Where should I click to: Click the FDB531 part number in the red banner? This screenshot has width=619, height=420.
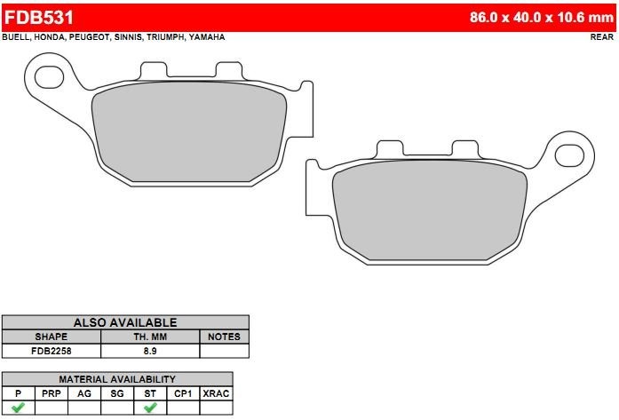click(39, 18)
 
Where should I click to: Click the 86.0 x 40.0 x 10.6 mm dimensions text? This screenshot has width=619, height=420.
click(541, 18)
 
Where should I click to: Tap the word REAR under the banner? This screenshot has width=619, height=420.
click(601, 36)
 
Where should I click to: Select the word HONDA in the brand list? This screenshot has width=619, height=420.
click(50, 37)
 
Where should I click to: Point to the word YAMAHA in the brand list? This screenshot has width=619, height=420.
click(207, 37)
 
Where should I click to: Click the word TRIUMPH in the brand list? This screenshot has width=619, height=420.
click(165, 37)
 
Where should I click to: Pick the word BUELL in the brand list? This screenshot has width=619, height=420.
click(16, 37)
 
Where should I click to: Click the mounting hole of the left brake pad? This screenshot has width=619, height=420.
click(50, 77)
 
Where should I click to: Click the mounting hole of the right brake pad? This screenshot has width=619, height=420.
click(569, 155)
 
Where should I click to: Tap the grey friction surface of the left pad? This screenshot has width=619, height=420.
click(188, 131)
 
